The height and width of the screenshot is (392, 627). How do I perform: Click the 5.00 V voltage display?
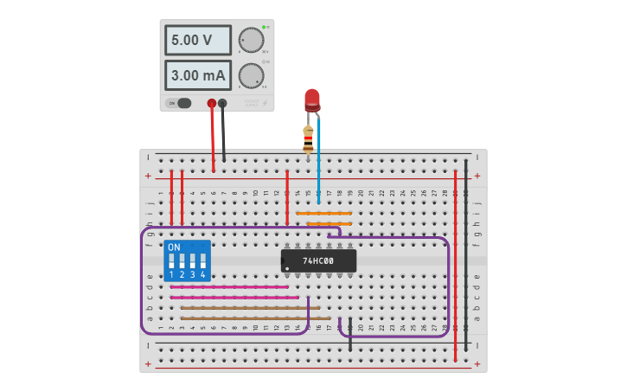(x=198, y=40)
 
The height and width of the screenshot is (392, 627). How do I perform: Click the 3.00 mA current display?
(x=198, y=75)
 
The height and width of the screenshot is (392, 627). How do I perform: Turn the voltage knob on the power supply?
(x=251, y=40)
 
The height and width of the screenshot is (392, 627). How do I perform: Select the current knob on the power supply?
(x=251, y=75)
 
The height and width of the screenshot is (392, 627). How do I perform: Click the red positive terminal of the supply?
(x=211, y=103)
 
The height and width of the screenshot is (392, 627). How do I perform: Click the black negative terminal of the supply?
(x=222, y=103)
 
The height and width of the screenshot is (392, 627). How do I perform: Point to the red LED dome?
(x=311, y=98)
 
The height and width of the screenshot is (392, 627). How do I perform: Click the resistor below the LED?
(x=308, y=139)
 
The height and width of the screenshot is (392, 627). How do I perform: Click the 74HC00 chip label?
(x=318, y=260)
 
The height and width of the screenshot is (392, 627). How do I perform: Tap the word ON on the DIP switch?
(x=174, y=247)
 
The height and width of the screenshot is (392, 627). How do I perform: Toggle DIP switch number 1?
(x=172, y=260)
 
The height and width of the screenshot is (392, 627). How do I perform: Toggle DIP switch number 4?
(x=203, y=260)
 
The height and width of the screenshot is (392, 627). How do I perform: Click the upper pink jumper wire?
(x=229, y=286)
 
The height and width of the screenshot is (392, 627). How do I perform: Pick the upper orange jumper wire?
(x=323, y=213)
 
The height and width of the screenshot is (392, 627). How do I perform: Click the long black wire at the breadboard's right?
(x=466, y=251)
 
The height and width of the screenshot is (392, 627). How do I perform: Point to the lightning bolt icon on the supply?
(x=264, y=103)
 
